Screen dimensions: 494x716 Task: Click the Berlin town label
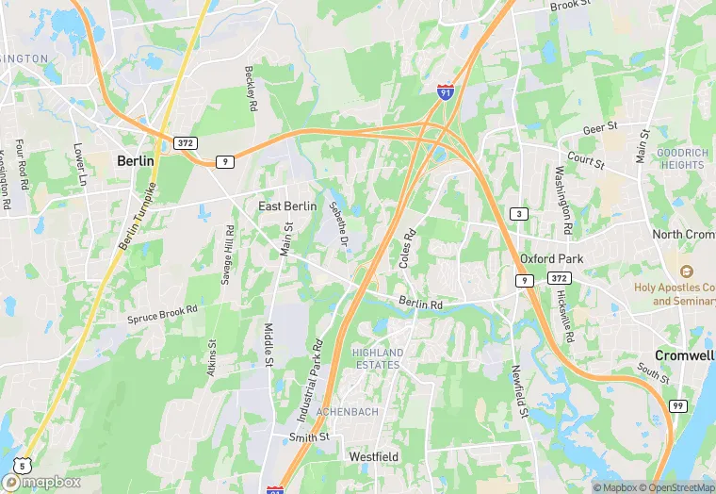coord(135,161)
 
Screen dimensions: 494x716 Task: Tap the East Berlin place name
coord(287,206)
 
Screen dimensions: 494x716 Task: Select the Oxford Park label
coord(551,258)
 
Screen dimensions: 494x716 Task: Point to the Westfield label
coord(374,456)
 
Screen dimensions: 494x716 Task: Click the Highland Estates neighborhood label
coord(378,359)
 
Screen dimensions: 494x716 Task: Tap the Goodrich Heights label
coord(680,158)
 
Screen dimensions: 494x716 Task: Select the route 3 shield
coord(519,214)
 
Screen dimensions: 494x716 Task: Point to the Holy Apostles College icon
coord(685,272)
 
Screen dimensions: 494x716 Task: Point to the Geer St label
coord(599,125)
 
